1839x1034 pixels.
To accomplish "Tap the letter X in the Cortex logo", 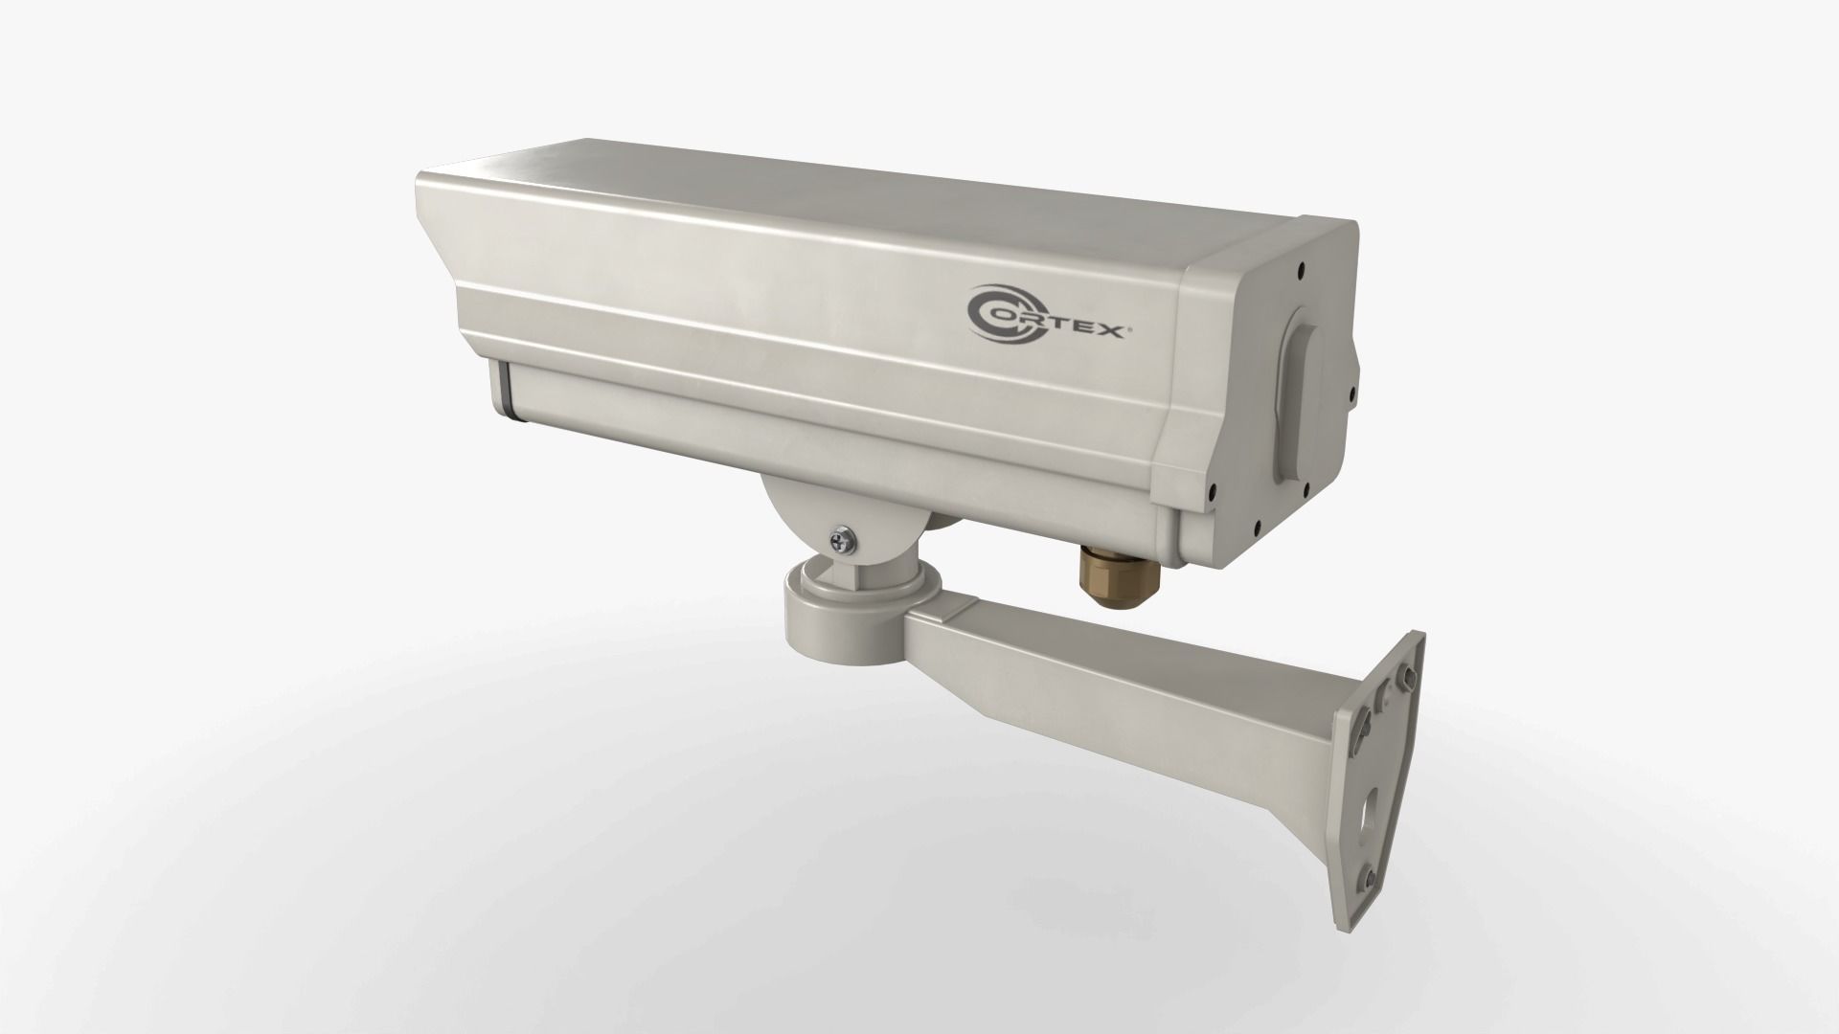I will click(1113, 331).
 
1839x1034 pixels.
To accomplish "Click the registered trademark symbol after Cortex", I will click(1133, 324).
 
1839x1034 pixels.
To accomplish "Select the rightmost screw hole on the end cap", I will click(1352, 391).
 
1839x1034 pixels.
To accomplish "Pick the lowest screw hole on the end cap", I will click(1254, 526).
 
